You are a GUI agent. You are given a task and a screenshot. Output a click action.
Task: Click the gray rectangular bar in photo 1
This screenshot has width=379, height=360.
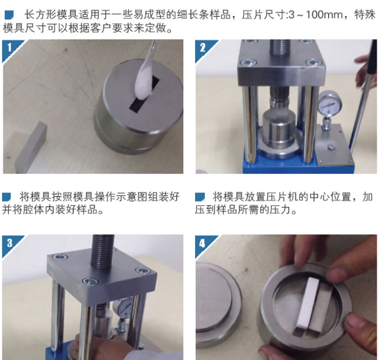pyautogui.click(x=30, y=148)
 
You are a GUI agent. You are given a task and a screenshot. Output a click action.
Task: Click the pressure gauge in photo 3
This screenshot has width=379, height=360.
pyautogui.click(x=124, y=307)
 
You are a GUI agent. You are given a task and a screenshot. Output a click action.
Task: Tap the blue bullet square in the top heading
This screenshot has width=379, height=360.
pyautogui.click(x=9, y=15)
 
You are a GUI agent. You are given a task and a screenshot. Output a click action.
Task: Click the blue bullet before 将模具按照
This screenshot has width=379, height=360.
pyautogui.click(x=7, y=197)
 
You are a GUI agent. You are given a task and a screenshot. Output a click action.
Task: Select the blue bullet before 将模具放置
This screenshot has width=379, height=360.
pyautogui.click(x=200, y=197)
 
